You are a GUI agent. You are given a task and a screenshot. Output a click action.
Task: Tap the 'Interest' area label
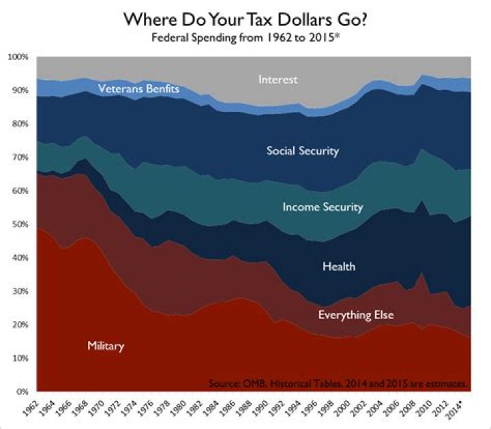tap(278, 80)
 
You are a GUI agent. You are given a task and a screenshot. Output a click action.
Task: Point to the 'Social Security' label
tap(302, 151)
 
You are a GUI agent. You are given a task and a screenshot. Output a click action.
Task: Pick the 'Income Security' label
tap(323, 207)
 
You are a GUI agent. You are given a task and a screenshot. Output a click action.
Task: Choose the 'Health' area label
tap(339, 267)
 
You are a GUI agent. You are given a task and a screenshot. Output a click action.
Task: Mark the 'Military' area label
tap(106, 346)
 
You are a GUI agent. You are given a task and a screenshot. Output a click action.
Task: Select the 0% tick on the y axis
tap(21, 392)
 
